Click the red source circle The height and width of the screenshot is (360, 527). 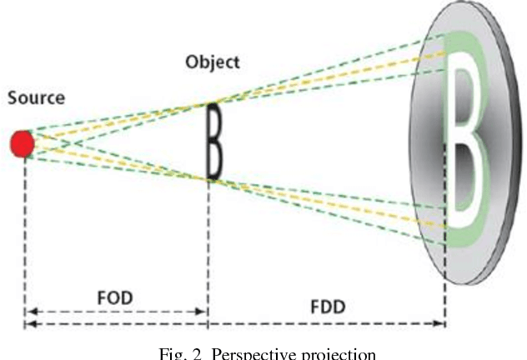tap(23, 144)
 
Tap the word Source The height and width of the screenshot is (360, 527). tap(36, 98)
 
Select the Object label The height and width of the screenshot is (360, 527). tap(213, 62)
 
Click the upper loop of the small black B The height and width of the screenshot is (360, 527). tap(214, 122)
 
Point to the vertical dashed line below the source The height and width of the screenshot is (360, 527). tap(24, 233)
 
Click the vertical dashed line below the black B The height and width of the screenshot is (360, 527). tap(208, 250)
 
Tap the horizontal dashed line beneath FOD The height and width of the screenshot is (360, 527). tap(116, 313)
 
